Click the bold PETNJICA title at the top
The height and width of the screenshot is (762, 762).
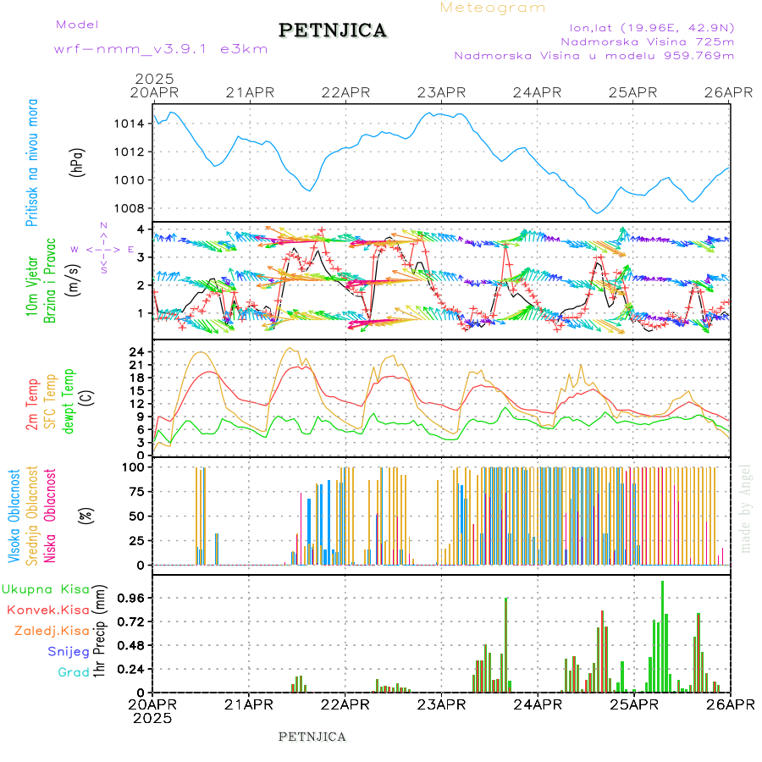332,30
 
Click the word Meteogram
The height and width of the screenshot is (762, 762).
493,8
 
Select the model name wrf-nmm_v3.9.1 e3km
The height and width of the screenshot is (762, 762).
161,49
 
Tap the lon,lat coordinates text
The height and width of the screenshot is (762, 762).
651,26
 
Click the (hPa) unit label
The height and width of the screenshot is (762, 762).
77,162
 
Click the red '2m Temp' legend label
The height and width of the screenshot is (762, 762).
32,405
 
